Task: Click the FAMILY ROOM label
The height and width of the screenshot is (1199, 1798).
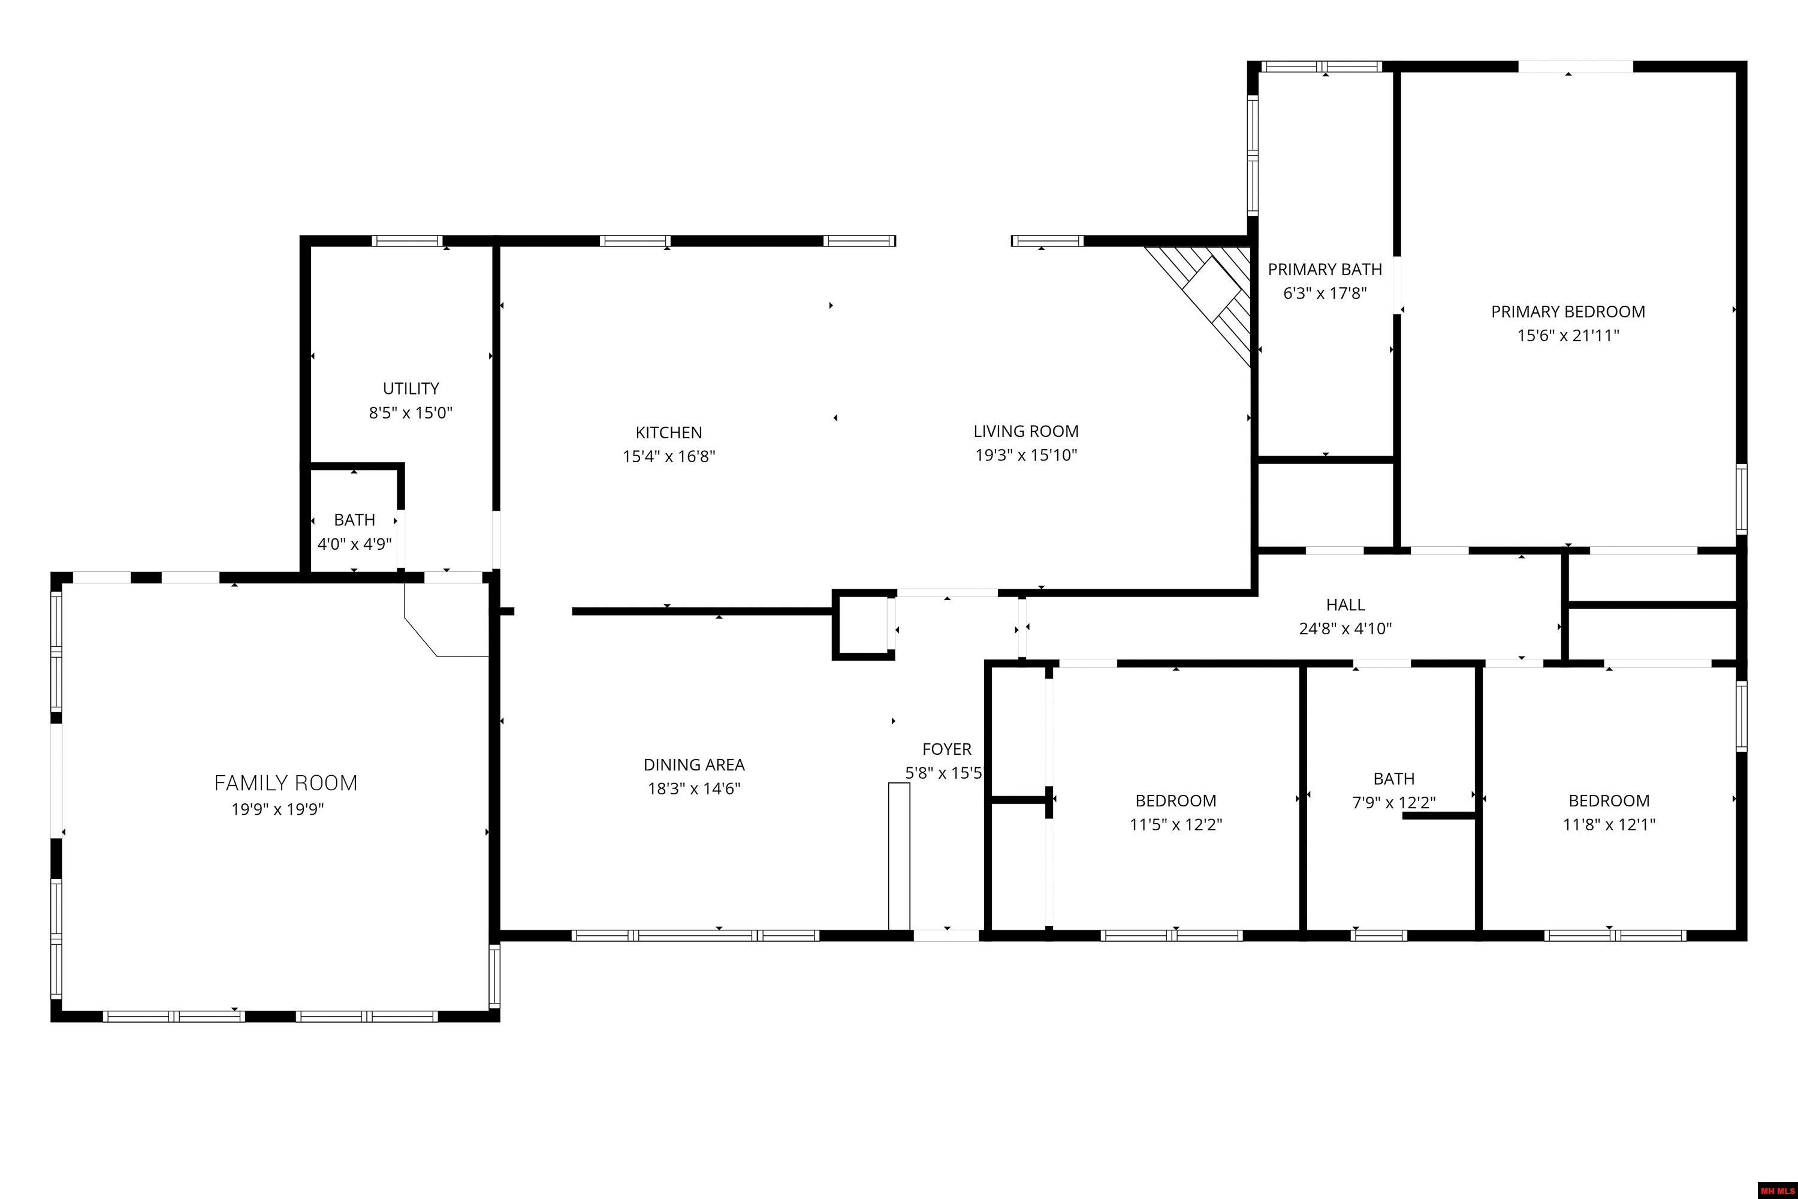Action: click(x=285, y=783)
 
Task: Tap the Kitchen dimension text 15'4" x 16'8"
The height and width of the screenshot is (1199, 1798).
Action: click(x=668, y=456)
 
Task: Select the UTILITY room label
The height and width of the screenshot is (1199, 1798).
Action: click(x=411, y=388)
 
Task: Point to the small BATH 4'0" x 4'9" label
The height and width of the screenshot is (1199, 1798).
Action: click(x=354, y=520)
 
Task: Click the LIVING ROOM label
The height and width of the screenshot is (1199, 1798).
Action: click(x=1026, y=431)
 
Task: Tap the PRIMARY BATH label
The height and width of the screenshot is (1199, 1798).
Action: click(x=1325, y=269)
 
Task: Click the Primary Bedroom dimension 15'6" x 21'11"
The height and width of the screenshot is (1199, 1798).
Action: click(x=1568, y=336)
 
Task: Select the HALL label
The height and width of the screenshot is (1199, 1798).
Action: click(x=1346, y=605)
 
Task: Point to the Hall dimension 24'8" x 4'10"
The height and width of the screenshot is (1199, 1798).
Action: click(x=1346, y=628)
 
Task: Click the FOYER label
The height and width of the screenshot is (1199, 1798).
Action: click(x=946, y=749)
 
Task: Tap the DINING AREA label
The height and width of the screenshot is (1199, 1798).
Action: click(x=693, y=765)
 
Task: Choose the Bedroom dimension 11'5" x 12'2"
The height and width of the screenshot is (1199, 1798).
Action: click(x=1176, y=824)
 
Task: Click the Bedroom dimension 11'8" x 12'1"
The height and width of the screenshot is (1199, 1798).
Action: click(x=1609, y=824)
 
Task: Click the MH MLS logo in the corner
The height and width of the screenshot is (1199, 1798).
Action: click(x=1778, y=1191)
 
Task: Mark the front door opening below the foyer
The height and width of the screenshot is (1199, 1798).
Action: click(x=946, y=935)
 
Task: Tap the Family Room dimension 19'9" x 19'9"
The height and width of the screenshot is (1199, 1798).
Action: click(x=277, y=809)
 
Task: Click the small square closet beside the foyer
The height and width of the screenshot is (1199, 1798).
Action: click(x=862, y=625)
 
